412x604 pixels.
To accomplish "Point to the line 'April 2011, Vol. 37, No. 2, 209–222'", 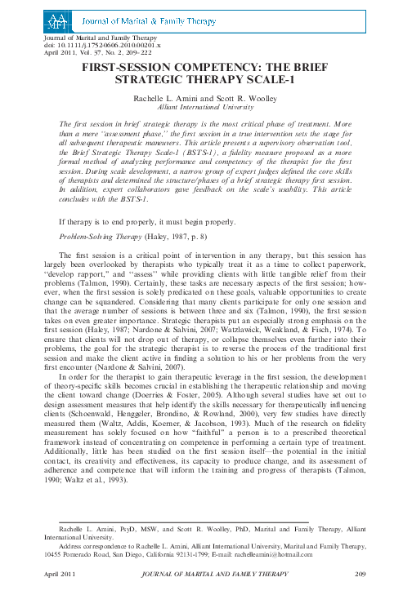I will pos(101,53).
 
